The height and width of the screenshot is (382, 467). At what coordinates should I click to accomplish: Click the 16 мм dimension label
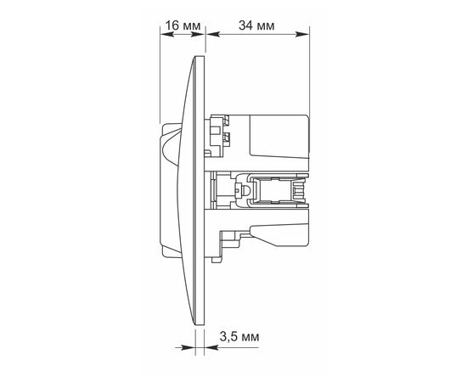click(x=183, y=26)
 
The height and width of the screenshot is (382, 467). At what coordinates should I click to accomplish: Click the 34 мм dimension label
click(x=256, y=26)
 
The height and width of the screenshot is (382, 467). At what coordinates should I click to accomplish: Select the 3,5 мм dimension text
click(x=239, y=337)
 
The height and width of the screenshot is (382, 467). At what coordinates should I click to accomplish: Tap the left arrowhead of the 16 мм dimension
click(x=166, y=34)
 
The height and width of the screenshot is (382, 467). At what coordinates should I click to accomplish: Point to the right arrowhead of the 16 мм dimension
click(x=199, y=34)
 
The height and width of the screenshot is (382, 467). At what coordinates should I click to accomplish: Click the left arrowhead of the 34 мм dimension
click(x=213, y=34)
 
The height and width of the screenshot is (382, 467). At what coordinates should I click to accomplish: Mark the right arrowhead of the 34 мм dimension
click(x=302, y=34)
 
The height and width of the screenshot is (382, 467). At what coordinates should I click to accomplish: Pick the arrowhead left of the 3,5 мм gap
click(x=188, y=347)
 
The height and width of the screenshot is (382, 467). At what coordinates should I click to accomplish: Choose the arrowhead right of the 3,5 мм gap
click(x=211, y=347)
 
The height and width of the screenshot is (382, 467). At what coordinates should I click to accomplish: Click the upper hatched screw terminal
click(x=227, y=121)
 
